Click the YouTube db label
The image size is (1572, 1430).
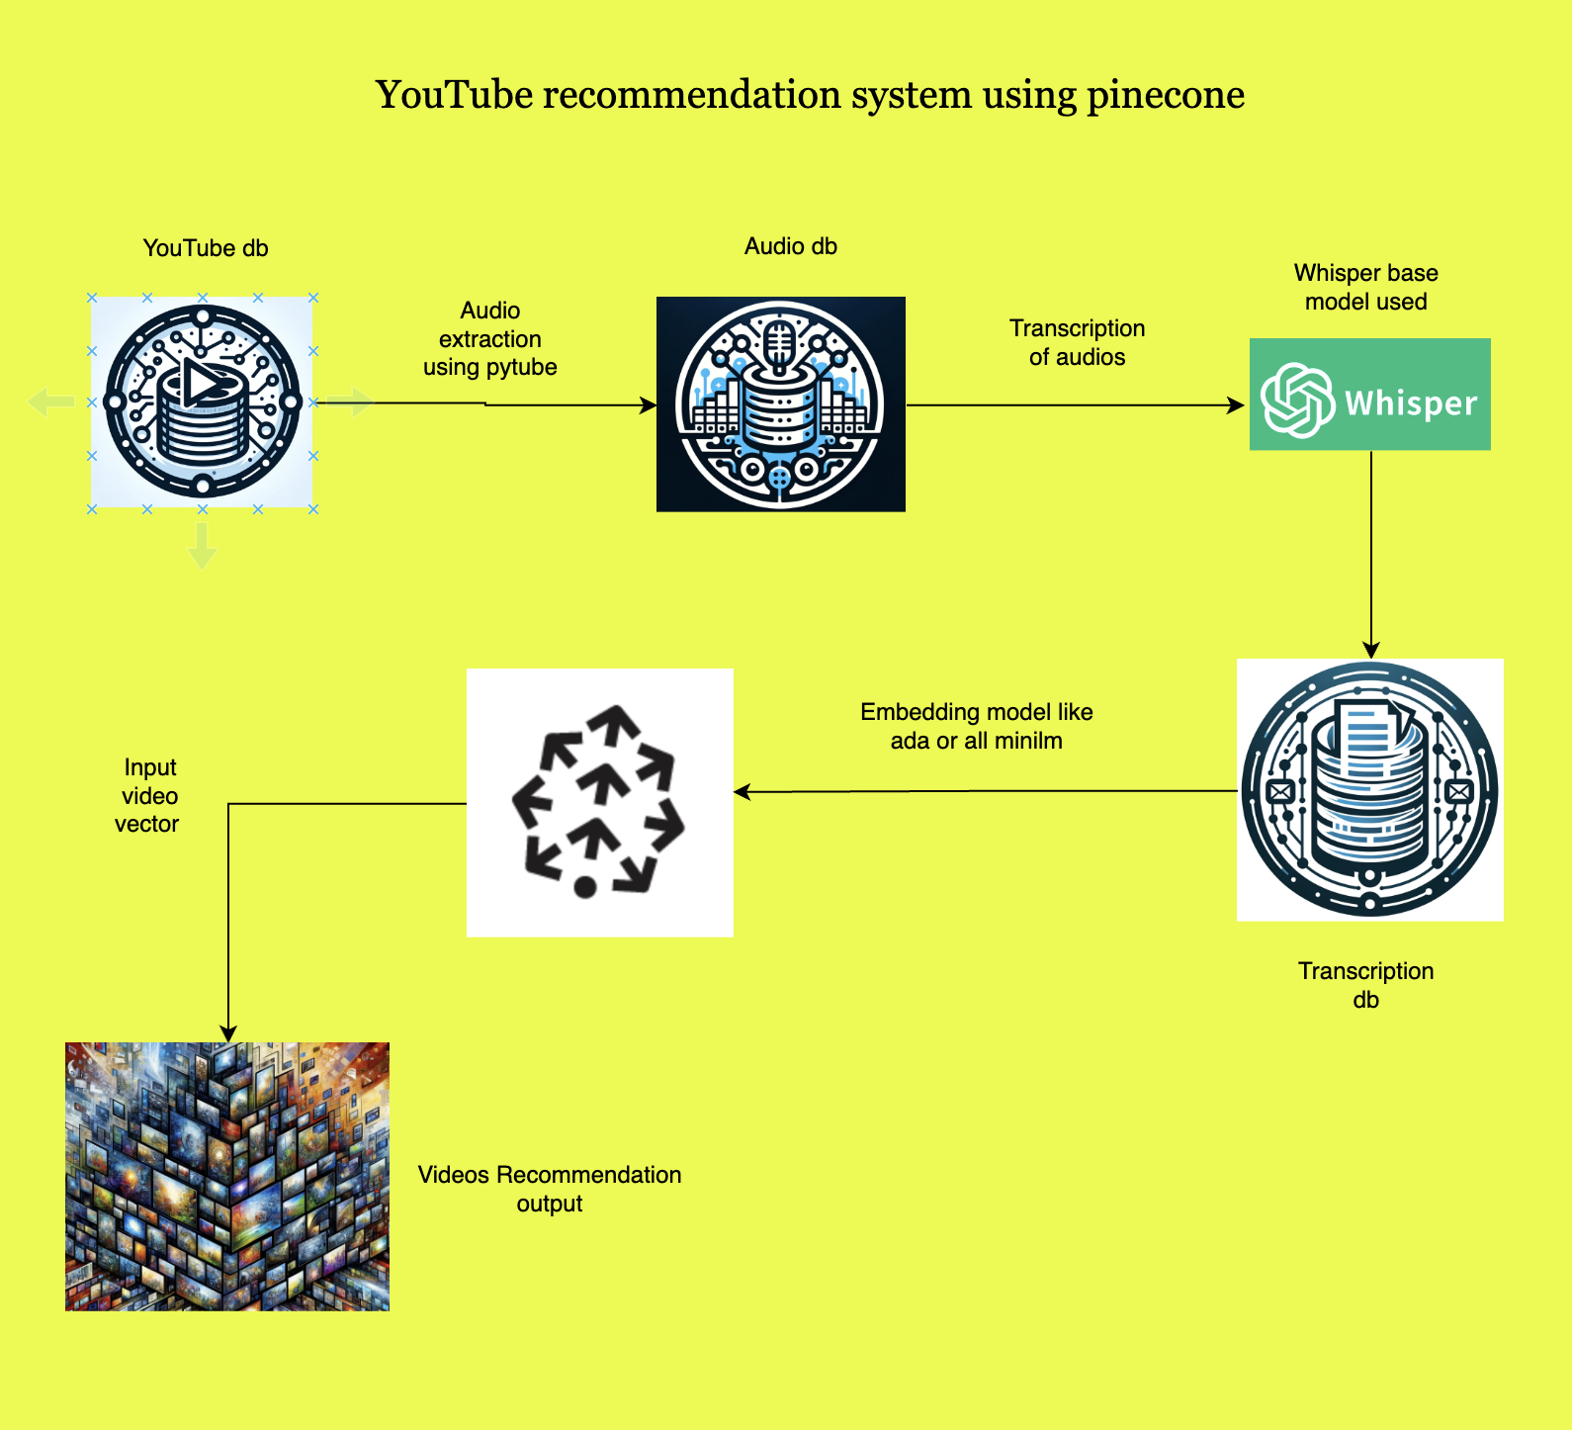206,248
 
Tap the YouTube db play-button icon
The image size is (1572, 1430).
203,383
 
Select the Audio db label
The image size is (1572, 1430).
790,246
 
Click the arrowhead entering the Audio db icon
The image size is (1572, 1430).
650,405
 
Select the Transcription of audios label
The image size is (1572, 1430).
1077,342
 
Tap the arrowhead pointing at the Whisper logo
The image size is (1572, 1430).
1236,405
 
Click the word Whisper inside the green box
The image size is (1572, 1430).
1411,403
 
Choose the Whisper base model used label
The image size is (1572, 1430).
1365,287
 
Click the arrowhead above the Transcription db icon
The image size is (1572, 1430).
1371,650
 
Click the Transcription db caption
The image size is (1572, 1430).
1365,985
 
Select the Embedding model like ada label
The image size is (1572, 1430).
976,726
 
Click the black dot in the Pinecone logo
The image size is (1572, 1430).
585,887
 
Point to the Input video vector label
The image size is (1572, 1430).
149,795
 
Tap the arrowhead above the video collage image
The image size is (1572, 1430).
228,1033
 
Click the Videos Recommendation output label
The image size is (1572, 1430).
550,1189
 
